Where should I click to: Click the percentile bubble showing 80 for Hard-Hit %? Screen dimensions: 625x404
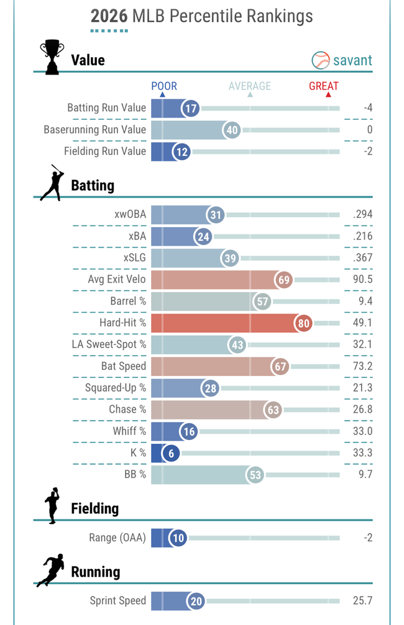[303, 323]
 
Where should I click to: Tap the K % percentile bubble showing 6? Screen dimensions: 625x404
[171, 453]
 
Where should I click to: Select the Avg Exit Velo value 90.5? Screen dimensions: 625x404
[362, 279]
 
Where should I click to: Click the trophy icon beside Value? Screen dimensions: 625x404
[52, 57]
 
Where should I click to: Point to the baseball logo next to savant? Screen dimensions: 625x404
[321, 60]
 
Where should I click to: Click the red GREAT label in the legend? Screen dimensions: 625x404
[324, 86]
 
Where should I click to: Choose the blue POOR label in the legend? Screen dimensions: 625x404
[164, 86]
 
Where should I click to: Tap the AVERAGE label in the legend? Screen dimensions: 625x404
[250, 86]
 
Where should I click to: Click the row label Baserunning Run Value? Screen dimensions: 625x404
[94, 130]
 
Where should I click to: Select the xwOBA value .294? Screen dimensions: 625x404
[362, 215]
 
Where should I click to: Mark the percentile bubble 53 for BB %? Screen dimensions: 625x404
[255, 475]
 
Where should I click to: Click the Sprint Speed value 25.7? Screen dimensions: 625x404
[362, 601]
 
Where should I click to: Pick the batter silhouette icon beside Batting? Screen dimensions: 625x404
[52, 183]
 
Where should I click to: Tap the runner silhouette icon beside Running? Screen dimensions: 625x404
[50, 570]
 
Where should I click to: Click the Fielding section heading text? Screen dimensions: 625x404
[94, 508]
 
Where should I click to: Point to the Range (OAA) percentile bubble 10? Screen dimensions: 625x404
[178, 537]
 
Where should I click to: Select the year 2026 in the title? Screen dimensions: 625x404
[109, 16]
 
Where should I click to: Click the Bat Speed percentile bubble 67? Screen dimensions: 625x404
[280, 366]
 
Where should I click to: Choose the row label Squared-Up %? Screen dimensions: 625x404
[116, 389]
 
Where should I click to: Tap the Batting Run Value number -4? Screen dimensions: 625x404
[368, 108]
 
